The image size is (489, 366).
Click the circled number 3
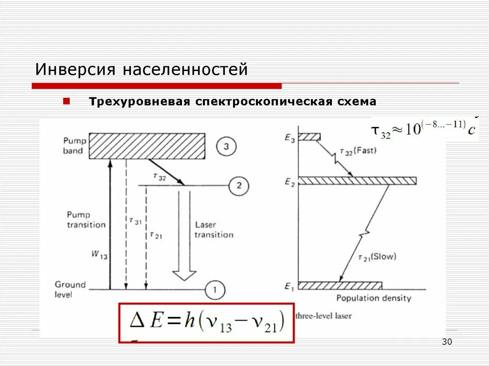click(x=226, y=146)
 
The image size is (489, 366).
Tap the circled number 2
click(x=239, y=185)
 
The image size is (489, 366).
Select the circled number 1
click(x=215, y=289)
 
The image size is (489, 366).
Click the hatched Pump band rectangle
click(x=148, y=146)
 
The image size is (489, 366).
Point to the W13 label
click(x=99, y=255)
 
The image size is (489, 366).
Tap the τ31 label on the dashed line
click(x=135, y=220)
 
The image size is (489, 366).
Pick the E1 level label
click(x=289, y=287)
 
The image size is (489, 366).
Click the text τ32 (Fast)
click(x=358, y=151)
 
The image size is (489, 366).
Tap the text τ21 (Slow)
click(x=377, y=257)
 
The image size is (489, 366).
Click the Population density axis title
click(x=373, y=299)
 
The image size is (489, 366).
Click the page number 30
click(x=447, y=342)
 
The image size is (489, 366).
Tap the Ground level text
click(x=70, y=289)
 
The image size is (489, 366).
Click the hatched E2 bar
click(x=357, y=181)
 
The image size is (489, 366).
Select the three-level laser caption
click(x=323, y=315)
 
